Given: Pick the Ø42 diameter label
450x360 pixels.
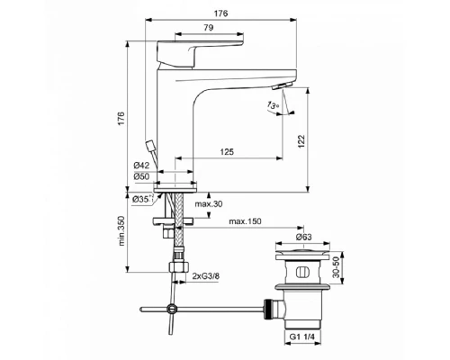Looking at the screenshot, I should [x=141, y=166].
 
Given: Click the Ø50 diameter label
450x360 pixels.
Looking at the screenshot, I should [x=141, y=178].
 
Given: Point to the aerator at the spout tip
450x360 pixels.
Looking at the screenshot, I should [x=279, y=85].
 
